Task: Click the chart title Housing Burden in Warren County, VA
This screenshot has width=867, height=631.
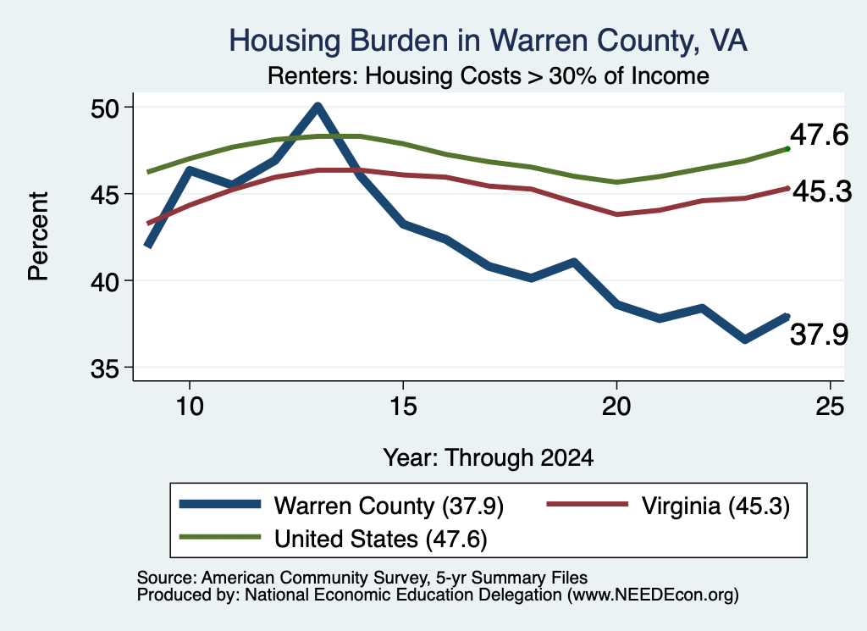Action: tap(489, 41)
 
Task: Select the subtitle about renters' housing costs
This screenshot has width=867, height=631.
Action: tap(489, 75)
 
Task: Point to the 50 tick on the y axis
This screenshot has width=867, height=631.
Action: tap(104, 108)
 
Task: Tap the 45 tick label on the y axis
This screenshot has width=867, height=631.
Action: tap(104, 194)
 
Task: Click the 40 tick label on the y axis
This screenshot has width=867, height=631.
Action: tap(104, 281)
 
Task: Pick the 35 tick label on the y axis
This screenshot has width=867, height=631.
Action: tap(104, 368)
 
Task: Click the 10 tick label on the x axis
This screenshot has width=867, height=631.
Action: tap(190, 407)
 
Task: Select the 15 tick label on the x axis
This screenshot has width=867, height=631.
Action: tap(403, 407)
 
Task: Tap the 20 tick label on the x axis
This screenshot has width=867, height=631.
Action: tap(616, 407)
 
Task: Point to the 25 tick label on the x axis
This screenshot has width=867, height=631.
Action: tap(830, 407)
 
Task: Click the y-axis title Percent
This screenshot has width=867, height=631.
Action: tap(39, 236)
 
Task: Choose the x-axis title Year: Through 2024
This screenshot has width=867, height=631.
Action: tap(489, 458)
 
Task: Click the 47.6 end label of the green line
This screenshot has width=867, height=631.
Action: tap(819, 135)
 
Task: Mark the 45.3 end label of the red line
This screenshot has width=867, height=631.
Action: tap(822, 192)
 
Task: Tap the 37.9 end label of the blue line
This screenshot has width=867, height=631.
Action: tap(819, 335)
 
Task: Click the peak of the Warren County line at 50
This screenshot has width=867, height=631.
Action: tap(318, 106)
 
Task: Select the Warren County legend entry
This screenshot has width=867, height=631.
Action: tap(342, 506)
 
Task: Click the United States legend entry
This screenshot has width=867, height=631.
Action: tap(334, 539)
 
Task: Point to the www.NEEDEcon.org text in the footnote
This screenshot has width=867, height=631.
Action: tap(653, 595)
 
